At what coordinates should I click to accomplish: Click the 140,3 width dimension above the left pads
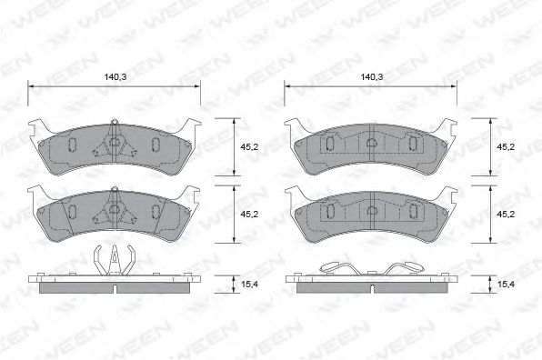coord(115,78)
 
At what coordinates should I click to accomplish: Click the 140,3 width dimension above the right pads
coord(371,78)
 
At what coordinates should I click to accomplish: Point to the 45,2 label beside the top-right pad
coord(507,145)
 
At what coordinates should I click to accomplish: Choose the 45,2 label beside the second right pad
coord(507,215)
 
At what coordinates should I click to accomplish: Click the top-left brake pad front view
coord(115,148)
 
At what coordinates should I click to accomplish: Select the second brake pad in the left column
coord(115,215)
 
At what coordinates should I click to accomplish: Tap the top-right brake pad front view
coord(371,148)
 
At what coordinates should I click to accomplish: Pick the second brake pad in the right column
coord(371,215)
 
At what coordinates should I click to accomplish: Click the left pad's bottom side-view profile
coord(115,283)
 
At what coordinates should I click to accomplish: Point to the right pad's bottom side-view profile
coord(371,283)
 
